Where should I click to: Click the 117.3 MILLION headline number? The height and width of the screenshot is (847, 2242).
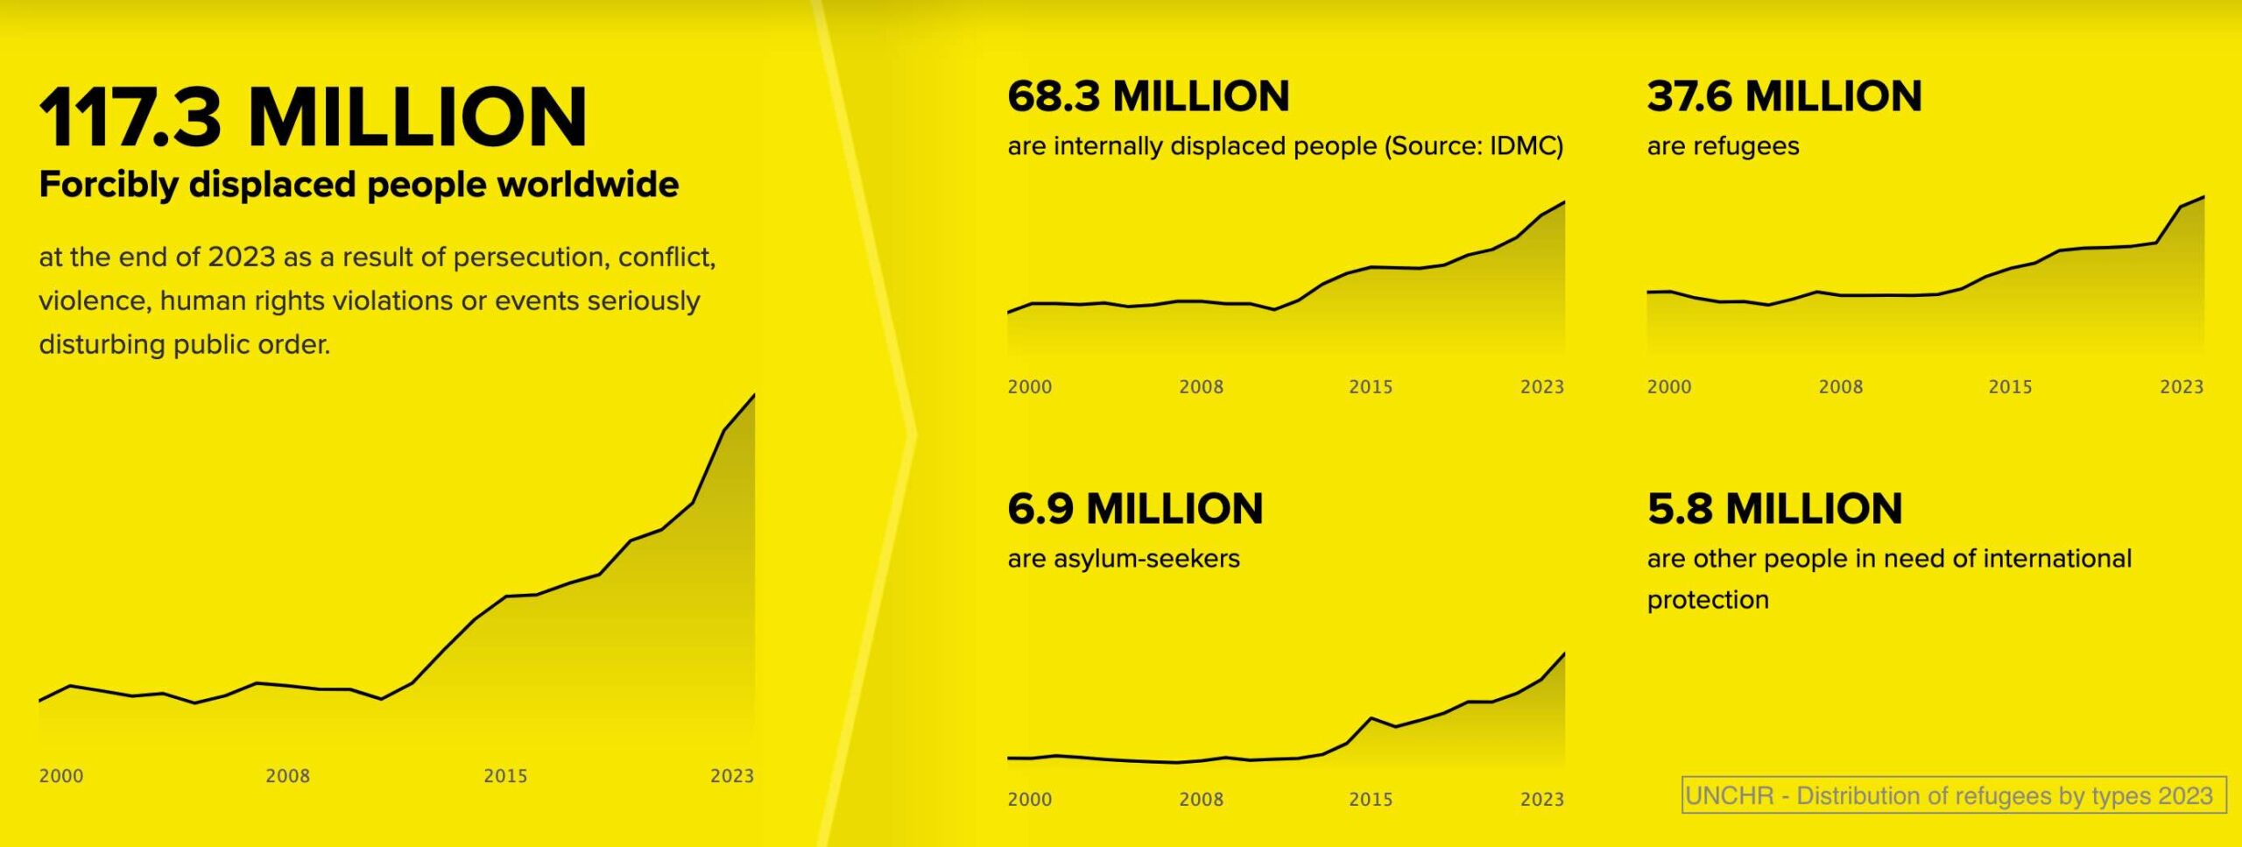(313, 117)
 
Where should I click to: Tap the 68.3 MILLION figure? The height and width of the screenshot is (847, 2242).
(1148, 96)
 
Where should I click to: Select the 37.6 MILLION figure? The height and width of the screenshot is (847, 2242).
(1784, 96)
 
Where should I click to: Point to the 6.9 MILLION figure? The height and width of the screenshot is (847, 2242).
(1135, 509)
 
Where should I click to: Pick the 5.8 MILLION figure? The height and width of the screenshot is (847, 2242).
(1774, 509)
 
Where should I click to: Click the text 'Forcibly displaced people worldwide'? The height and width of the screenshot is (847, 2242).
(358, 185)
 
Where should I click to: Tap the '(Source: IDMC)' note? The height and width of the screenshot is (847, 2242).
(1474, 146)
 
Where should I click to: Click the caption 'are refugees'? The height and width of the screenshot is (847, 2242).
(1723, 146)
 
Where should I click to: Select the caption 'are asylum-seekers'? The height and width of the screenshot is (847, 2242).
(1124, 559)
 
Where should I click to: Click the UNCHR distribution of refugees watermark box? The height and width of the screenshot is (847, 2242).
(1953, 795)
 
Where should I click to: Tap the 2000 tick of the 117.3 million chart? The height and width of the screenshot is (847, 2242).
(61, 776)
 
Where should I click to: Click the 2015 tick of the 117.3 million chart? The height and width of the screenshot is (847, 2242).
(505, 776)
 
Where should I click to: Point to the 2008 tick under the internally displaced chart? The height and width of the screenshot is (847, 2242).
(1201, 387)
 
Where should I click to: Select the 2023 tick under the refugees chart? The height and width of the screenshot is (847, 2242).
(2181, 387)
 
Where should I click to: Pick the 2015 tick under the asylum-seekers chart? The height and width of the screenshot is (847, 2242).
(1371, 800)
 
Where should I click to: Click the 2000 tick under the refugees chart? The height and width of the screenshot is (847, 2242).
(1669, 387)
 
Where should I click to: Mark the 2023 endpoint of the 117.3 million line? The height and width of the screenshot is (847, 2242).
(754, 396)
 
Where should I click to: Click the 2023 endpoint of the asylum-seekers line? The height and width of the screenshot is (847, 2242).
(1564, 654)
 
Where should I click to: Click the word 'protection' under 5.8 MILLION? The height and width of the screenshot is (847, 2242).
(1708, 600)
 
